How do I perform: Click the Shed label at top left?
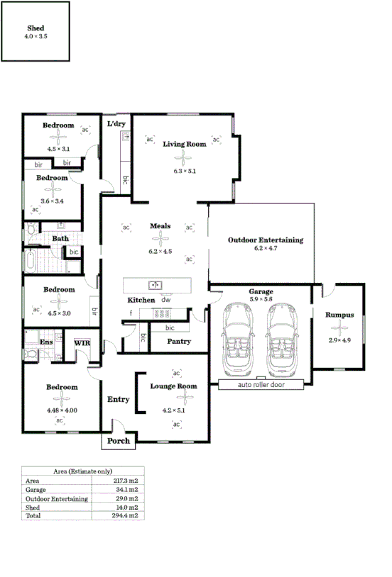[36, 28]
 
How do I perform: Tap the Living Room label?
[185, 144]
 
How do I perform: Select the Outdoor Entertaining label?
[265, 240]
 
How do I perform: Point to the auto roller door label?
[261, 384]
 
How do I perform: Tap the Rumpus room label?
[339, 315]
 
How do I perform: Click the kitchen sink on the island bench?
[155, 285]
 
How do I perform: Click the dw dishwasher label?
[165, 300]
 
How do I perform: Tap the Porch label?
[118, 441]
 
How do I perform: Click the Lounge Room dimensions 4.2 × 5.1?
[173, 410]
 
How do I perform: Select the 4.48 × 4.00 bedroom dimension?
[62, 410]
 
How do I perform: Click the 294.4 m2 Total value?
[127, 516]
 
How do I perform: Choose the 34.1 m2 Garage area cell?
[127, 490]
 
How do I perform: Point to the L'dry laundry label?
[116, 124]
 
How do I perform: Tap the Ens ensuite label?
[46, 342]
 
